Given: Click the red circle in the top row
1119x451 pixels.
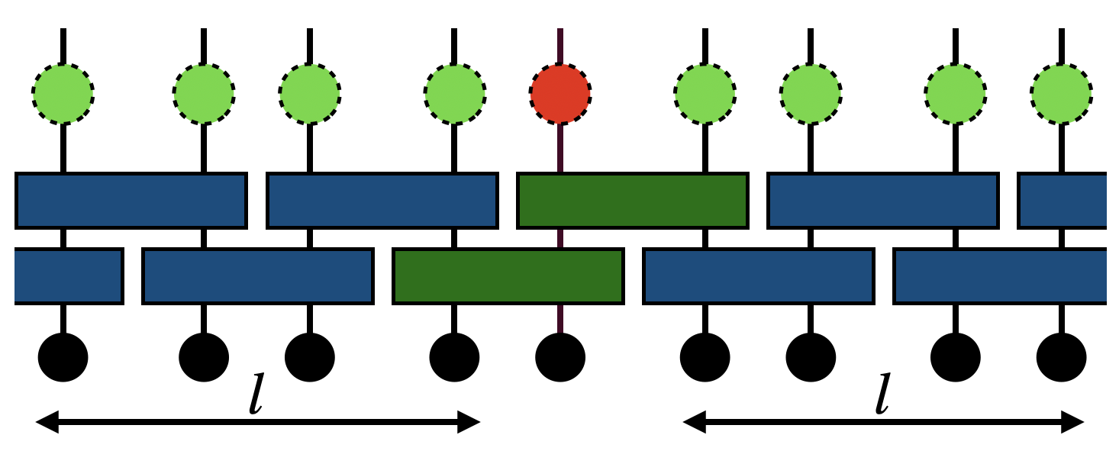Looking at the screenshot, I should (560, 94).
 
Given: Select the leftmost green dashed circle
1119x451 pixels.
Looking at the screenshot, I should (63, 94).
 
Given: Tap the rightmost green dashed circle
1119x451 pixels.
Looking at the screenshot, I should (1061, 94).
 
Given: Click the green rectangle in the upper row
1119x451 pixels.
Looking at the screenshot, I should (632, 201).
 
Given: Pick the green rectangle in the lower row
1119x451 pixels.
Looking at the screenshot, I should (508, 275).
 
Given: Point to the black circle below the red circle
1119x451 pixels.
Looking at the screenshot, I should (560, 357).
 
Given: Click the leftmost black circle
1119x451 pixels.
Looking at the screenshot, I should (63, 357).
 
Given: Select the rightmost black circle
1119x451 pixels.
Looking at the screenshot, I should (1061, 357).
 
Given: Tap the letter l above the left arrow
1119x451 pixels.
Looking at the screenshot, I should (256, 394).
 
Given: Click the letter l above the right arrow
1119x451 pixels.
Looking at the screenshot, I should (882, 394).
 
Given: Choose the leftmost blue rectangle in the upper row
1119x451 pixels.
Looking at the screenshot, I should (131, 201).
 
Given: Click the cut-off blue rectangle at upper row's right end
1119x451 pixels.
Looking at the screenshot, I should (1063, 201).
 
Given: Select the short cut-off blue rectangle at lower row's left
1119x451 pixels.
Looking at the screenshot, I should (68, 275).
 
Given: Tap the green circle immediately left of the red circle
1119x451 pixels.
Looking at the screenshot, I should (455, 94).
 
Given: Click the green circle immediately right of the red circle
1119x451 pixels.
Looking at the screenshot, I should (705, 94).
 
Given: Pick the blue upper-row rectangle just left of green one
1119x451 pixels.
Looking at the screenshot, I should (382, 201).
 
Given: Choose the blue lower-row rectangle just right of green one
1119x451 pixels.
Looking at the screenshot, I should (758, 275).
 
